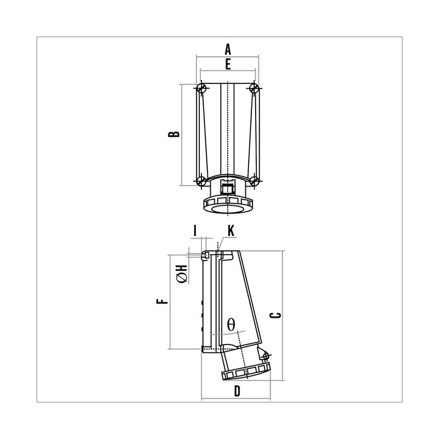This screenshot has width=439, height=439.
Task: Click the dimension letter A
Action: point(228,49)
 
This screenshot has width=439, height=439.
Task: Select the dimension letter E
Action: point(228,64)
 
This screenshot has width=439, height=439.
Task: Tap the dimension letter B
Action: point(173,134)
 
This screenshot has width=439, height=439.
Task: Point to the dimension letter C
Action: point(275,315)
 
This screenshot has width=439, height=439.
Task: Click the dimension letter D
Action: point(237,391)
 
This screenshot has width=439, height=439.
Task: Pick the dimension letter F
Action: point(162,301)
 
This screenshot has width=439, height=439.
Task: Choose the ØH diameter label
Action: point(182,273)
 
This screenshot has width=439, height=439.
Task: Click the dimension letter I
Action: point(195,231)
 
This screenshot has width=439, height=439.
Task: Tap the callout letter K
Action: point(230,231)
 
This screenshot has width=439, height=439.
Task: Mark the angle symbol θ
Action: point(231,324)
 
